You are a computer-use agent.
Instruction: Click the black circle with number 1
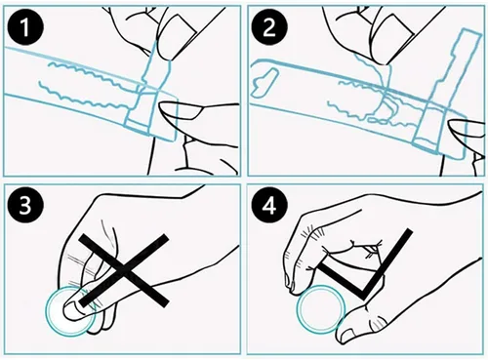25,28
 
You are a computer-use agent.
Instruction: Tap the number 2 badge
268,28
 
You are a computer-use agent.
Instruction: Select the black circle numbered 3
25,206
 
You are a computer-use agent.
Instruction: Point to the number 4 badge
268,206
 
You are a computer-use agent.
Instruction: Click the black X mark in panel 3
124,270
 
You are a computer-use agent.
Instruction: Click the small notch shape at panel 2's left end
264,83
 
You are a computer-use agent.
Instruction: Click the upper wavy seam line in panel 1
95,74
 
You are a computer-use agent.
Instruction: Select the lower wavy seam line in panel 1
81,97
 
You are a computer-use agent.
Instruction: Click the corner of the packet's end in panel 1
172,140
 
